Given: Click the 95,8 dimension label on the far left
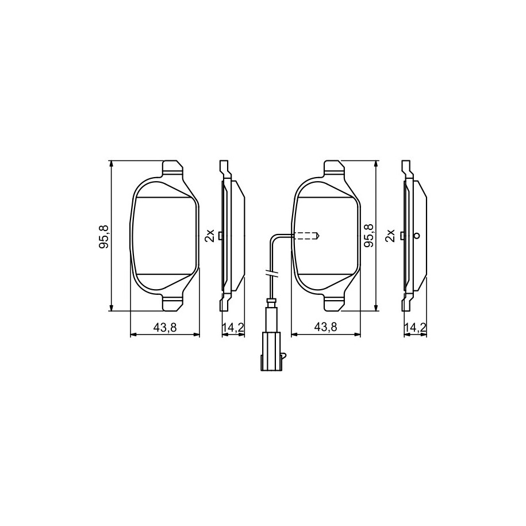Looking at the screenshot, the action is pos(103,236).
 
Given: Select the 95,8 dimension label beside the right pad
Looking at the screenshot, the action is pos(369,236).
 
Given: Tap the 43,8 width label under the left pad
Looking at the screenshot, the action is pos(165,327).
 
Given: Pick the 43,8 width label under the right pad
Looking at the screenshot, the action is pos(325,327).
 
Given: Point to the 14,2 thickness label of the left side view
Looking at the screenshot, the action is pos(233,327).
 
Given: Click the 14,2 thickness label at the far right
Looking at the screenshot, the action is pos(415,327).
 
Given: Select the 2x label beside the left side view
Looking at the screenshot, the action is pos(209,236).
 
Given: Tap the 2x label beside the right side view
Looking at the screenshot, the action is pos(390,236).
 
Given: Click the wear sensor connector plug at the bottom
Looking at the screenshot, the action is pos(270,351).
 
